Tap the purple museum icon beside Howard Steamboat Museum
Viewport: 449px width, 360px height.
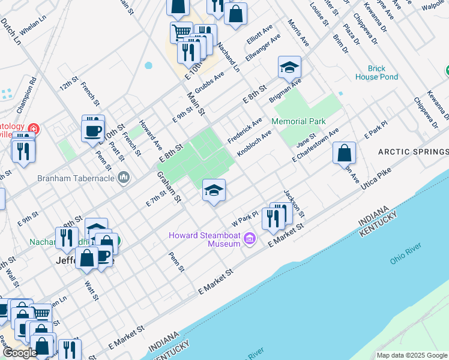pyautogui.click(x=250, y=241)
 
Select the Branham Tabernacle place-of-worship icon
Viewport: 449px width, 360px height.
pyautogui.click(x=124, y=177)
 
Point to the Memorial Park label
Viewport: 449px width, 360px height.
pyautogui.click(x=298, y=121)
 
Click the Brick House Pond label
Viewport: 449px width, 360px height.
pyautogui.click(x=376, y=73)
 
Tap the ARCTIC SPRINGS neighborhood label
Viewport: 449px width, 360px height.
pyautogui.click(x=412, y=152)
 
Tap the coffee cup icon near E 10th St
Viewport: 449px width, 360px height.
pyautogui.click(x=93, y=129)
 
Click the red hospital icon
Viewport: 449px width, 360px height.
pyautogui.click(x=34, y=128)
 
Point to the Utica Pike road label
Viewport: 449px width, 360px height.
pyautogui.click(x=376, y=180)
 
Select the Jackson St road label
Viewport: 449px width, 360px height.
pyautogui.click(x=294, y=203)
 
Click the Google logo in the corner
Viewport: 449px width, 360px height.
pyautogui.click(x=20, y=353)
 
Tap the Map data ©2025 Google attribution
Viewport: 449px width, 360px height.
pyautogui.click(x=411, y=355)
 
